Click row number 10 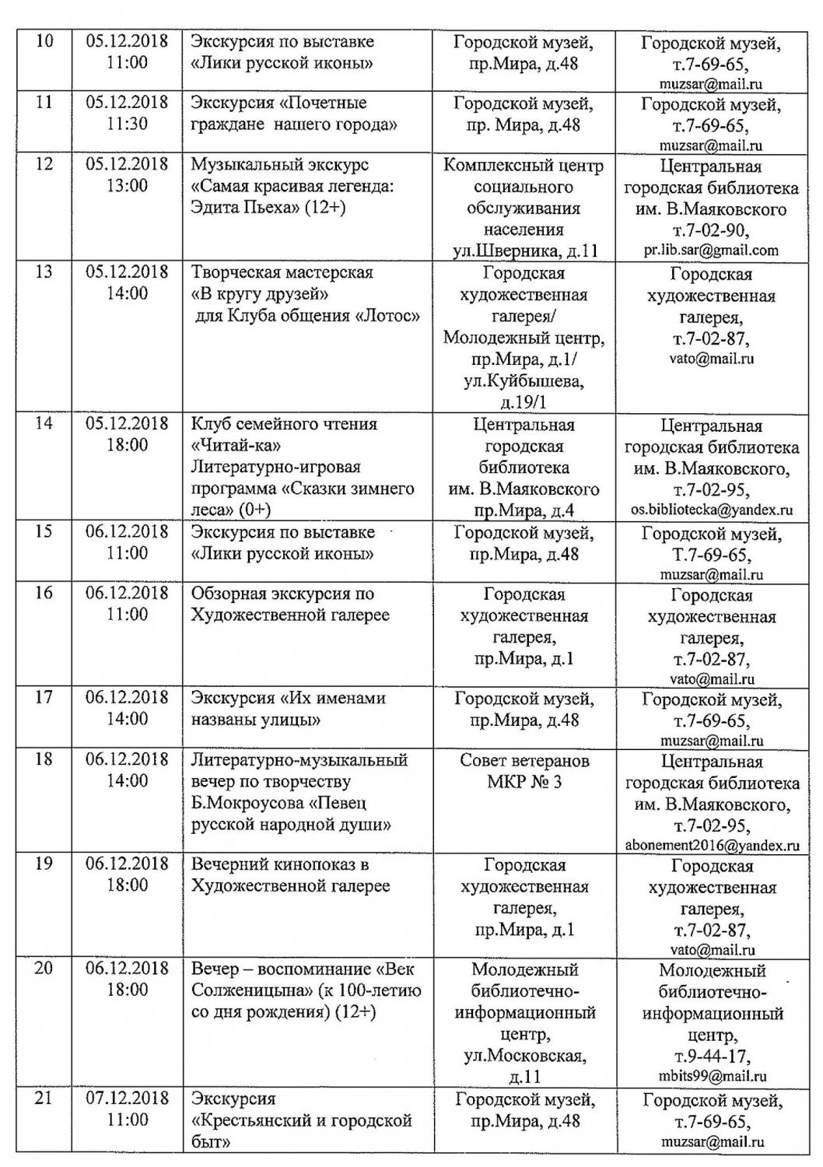pyautogui.click(x=44, y=40)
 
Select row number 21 pyautogui.click(x=44, y=1098)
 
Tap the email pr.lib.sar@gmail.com pyautogui.click(x=711, y=251)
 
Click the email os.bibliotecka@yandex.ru pyautogui.click(x=712, y=510)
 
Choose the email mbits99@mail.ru pyautogui.click(x=712, y=1077)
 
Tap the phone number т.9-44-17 pyautogui.click(x=711, y=1057)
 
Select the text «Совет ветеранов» pyautogui.click(x=524, y=760)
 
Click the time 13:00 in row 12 pyautogui.click(x=127, y=185)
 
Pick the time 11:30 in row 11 pyautogui.click(x=127, y=124)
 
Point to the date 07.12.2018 pyautogui.click(x=127, y=1098)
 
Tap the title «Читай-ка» pyautogui.click(x=236, y=445)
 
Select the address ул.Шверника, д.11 pyautogui.click(x=525, y=251)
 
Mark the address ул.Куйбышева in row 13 pyautogui.click(x=524, y=381)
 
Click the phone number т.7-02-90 pyautogui.click(x=711, y=230)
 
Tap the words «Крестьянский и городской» pyautogui.click(x=301, y=1120)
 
